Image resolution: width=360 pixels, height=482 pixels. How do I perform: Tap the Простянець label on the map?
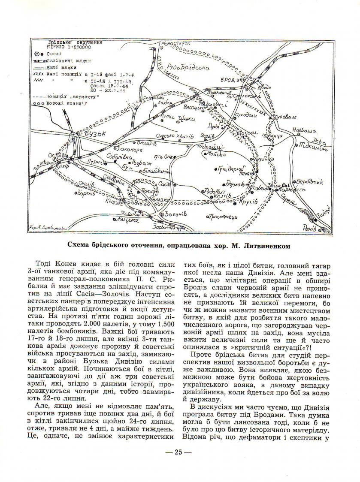pyautogui.click(x=223, y=217)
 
